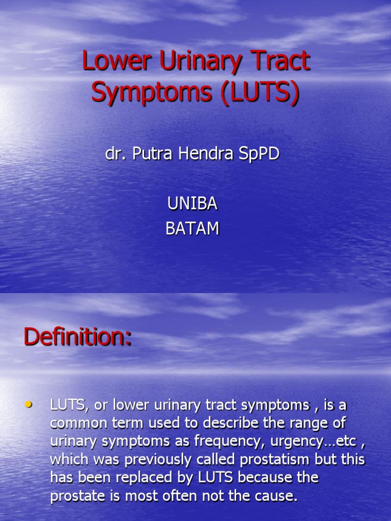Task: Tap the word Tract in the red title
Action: [282, 62]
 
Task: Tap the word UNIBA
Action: [192, 204]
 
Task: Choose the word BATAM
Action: [192, 229]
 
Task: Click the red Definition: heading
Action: [77, 337]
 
